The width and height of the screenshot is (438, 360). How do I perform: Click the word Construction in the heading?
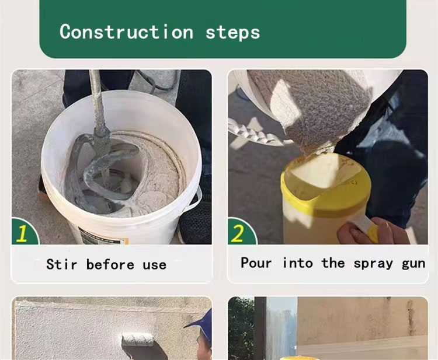tap(126, 32)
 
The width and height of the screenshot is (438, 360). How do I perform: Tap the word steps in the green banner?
tap(232, 33)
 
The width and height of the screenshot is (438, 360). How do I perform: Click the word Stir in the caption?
tap(61, 264)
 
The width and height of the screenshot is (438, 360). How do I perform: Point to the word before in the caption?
tap(110, 264)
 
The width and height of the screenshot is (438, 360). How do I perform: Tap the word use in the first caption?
tap(155, 265)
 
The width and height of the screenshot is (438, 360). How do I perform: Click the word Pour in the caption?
tap(256, 263)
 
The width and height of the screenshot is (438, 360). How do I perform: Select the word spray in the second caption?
tap(373, 264)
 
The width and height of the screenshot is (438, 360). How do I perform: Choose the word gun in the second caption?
tap(413, 264)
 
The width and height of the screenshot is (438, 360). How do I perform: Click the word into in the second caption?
tap(297, 263)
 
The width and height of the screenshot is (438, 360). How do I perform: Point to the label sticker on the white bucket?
tap(103, 237)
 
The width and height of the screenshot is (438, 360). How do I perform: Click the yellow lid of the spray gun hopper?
tap(326, 181)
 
